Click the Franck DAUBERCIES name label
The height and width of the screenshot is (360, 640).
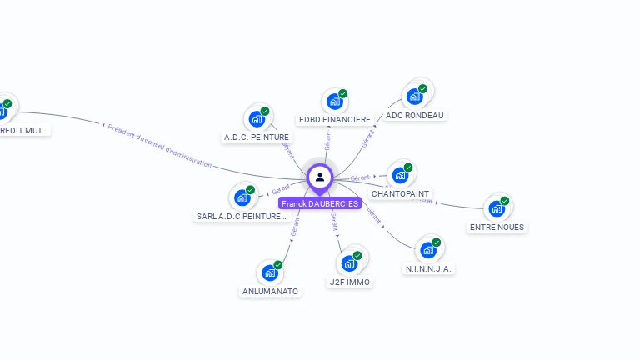pyautogui.click(x=320, y=203)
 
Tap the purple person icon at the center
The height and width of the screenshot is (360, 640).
pyautogui.click(x=320, y=177)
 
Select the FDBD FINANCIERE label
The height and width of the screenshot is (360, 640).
pyautogui.click(x=335, y=119)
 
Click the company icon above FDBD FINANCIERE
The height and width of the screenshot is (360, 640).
pyautogui.click(x=335, y=101)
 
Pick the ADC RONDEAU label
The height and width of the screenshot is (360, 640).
pyautogui.click(x=415, y=115)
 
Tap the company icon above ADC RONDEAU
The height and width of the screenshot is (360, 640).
pyautogui.click(x=415, y=96)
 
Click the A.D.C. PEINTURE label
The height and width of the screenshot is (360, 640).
pyautogui.click(x=257, y=137)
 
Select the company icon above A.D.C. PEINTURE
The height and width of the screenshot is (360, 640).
pyautogui.click(x=257, y=118)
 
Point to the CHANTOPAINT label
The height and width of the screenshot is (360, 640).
pyautogui.click(x=401, y=193)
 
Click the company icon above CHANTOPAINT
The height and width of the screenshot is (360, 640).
pyautogui.click(x=401, y=175)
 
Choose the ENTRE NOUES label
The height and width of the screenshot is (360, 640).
pyautogui.click(x=497, y=227)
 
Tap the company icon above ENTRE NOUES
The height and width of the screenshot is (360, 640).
pyautogui.click(x=497, y=207)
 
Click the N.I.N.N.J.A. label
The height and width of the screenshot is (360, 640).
pyautogui.click(x=429, y=268)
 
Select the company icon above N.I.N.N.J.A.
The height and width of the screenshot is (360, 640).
pyautogui.click(x=428, y=249)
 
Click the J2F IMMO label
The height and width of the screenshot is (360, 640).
pyautogui.click(x=350, y=282)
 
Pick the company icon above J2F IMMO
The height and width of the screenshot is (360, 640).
pyautogui.click(x=350, y=263)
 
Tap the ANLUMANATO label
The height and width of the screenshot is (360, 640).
pyautogui.click(x=270, y=291)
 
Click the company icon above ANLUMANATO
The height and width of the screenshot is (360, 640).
pyautogui.click(x=270, y=272)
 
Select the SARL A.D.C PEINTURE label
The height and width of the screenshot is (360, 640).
pyautogui.click(x=242, y=216)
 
